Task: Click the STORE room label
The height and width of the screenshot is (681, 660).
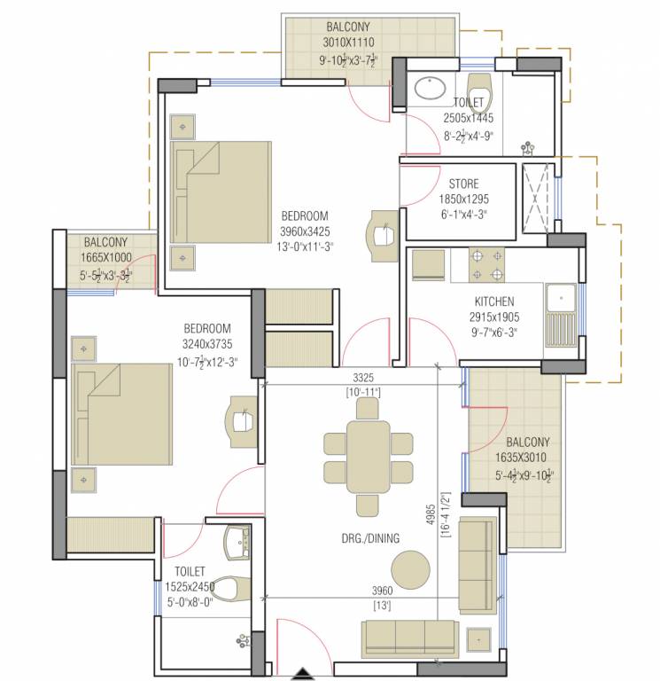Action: click(x=462, y=184)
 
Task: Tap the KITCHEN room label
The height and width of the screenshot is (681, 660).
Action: click(x=493, y=301)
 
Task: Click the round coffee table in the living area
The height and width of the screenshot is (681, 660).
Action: click(x=411, y=567)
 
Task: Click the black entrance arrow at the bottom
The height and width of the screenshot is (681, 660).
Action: click(x=305, y=673)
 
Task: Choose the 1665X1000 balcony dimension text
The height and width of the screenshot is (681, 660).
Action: click(x=106, y=257)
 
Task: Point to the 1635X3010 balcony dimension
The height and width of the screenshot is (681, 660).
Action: click(x=528, y=458)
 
